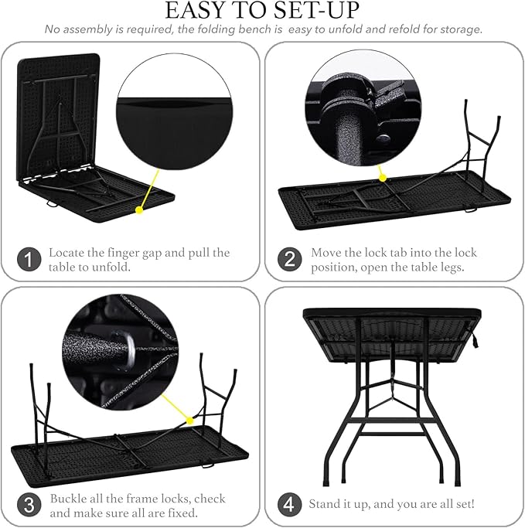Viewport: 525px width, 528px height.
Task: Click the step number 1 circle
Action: (x=28, y=260)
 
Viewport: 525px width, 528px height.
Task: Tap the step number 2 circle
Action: (x=289, y=260)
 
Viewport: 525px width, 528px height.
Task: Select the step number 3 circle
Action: (x=28, y=506)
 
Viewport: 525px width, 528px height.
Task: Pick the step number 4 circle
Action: (x=289, y=506)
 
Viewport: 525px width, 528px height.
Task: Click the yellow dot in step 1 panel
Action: (x=139, y=209)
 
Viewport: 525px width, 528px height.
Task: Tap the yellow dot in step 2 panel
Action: (x=382, y=179)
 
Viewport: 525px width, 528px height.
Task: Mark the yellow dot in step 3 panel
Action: (x=191, y=421)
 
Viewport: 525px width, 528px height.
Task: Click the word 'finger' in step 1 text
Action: (x=118, y=253)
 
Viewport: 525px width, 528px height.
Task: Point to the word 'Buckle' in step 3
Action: (x=67, y=499)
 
